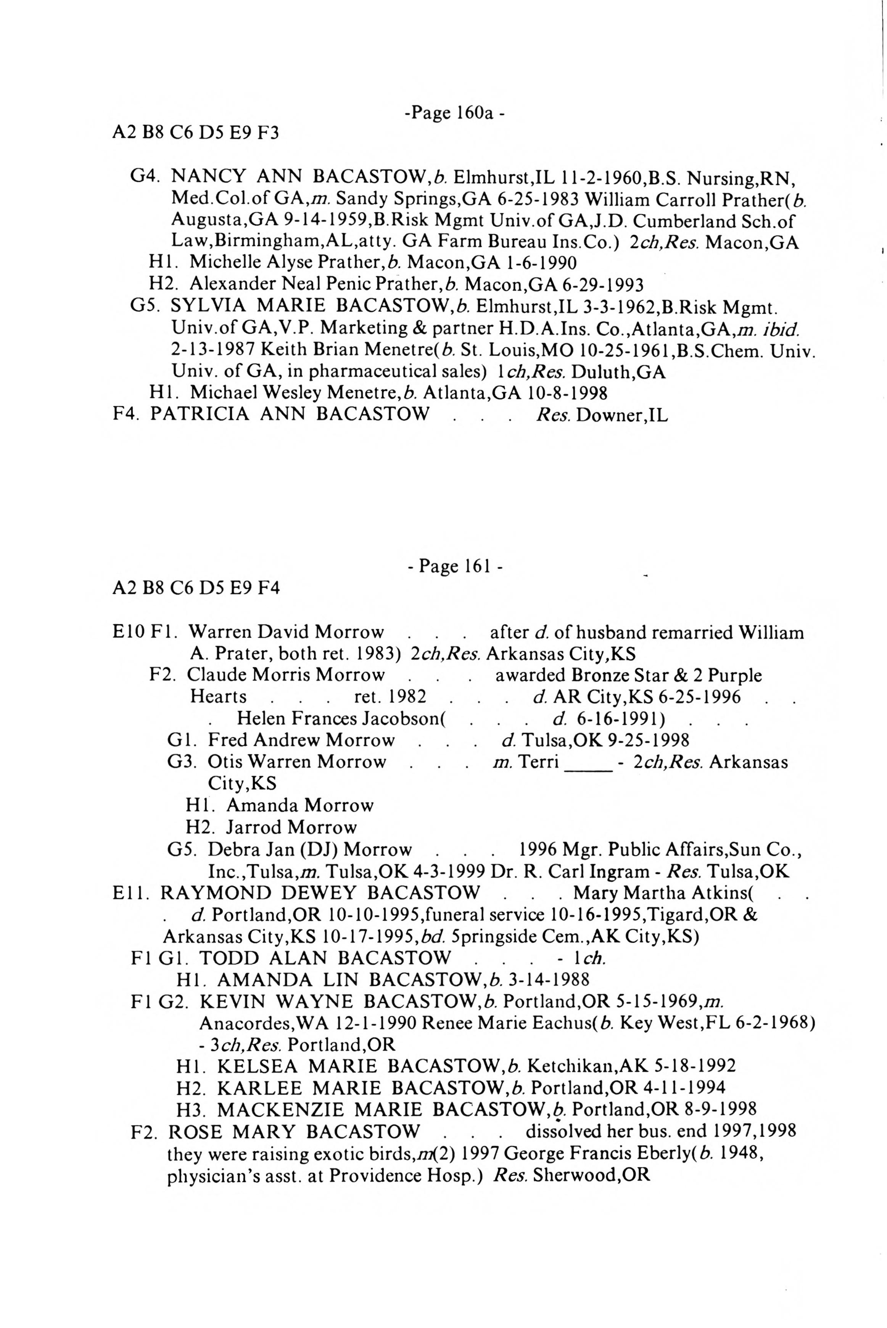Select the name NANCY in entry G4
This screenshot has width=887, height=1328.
point(208,176)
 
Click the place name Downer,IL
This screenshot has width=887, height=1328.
point(622,415)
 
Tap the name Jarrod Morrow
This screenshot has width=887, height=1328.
point(291,827)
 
